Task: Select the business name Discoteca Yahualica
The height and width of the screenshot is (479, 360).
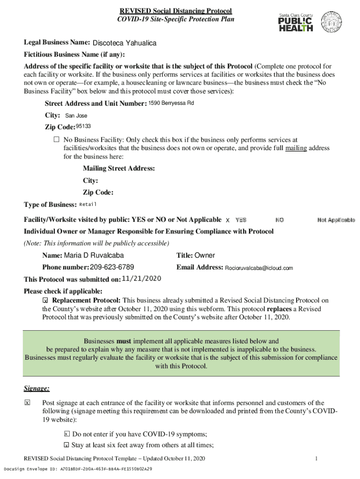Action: (x=124, y=44)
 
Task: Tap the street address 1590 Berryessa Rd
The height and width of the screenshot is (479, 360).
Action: (x=171, y=103)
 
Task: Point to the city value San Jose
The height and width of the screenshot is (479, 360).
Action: (x=76, y=116)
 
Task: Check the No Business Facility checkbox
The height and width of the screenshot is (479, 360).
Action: (x=57, y=139)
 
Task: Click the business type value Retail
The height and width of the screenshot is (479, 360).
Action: (x=88, y=204)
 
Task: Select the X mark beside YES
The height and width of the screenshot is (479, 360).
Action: (x=228, y=220)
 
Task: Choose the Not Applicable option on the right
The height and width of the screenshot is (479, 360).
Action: (x=336, y=220)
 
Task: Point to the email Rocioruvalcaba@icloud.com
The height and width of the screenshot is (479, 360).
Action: (x=259, y=268)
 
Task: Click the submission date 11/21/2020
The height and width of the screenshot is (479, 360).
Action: (x=141, y=279)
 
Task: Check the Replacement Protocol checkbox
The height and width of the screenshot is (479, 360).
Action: (x=45, y=300)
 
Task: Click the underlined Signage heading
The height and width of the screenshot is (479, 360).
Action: (x=36, y=388)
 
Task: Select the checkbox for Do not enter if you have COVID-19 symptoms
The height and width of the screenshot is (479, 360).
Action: (x=66, y=434)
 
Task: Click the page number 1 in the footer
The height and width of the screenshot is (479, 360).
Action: (x=317, y=458)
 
